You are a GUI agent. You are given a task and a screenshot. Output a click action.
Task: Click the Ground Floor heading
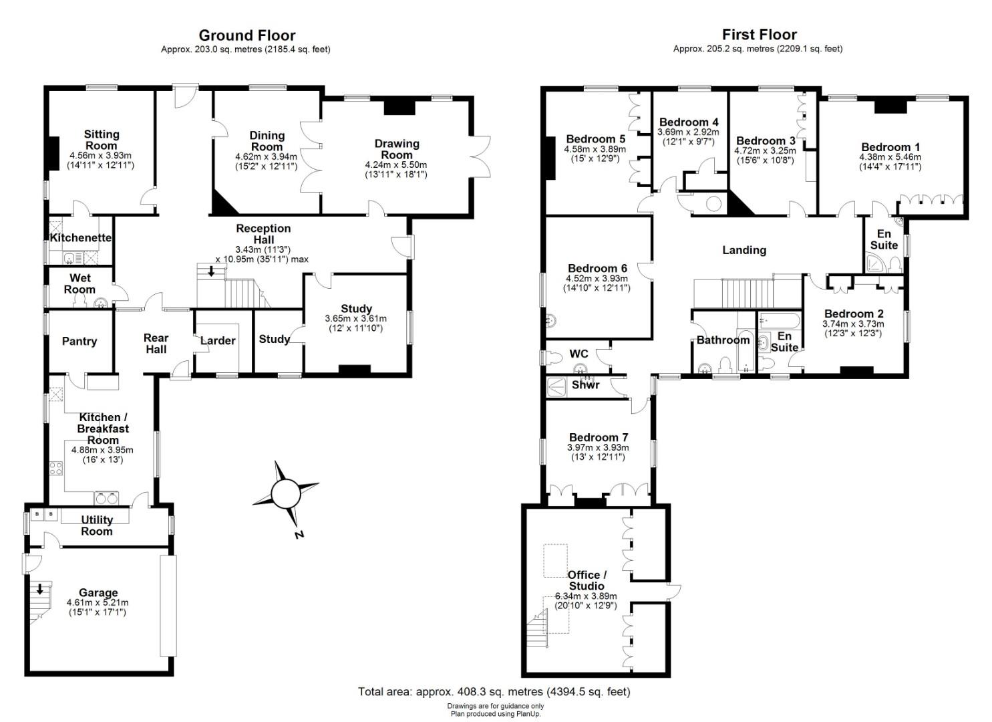coord(246,35)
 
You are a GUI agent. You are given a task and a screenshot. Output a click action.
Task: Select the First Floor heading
coord(759,34)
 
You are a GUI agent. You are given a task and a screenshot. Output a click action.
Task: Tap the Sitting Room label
coord(102,140)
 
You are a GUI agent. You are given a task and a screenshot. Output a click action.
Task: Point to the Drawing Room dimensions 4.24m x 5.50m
coord(396,165)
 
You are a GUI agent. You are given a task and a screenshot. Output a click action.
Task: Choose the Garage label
coord(98,592)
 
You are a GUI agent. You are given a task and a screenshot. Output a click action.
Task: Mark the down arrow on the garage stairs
coord(40,589)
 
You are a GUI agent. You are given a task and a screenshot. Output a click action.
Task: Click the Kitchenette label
coord(80,237)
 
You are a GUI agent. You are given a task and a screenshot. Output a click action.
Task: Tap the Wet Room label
coord(79,283)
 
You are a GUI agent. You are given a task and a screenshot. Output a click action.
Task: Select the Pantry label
coord(79,341)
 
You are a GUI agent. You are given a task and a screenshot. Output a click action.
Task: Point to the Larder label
coord(218,340)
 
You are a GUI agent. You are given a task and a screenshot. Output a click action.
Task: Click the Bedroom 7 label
coord(599,437)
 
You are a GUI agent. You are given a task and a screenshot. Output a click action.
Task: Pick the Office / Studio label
coord(587,580)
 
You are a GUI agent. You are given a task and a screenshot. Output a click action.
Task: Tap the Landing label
coord(744,250)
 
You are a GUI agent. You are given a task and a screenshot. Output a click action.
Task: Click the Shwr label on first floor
coord(585,384)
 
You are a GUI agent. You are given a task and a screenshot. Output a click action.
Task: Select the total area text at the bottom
coord(494,691)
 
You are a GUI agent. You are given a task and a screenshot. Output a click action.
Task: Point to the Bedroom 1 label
coord(890,146)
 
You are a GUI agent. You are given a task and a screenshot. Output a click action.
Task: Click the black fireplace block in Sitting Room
coord(53,153)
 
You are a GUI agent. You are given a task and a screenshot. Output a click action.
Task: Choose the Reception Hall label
coord(263,234)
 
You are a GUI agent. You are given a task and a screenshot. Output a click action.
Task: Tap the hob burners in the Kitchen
coord(56,468)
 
